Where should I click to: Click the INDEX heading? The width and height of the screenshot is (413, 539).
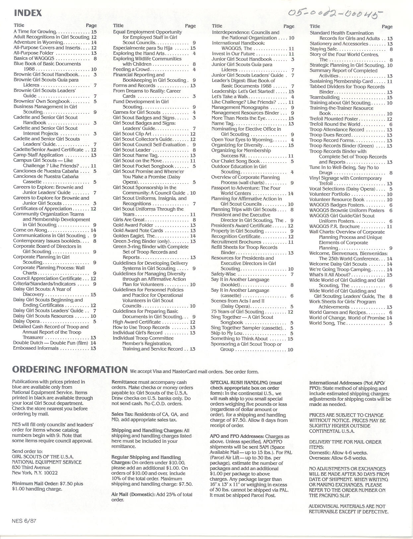tap(28, 13)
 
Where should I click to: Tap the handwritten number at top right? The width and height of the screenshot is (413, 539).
tap(335, 14)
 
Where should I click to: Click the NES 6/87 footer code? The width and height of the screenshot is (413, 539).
tap(24, 521)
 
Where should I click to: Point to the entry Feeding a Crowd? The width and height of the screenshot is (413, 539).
tap(131, 69)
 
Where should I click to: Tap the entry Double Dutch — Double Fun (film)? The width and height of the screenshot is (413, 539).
tap(50, 343)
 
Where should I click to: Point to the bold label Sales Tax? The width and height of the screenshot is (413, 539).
tap(121, 414)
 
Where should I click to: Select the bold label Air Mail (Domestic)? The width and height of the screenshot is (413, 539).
tap(133, 494)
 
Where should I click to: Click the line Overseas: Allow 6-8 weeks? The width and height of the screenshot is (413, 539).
tap(338, 458)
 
